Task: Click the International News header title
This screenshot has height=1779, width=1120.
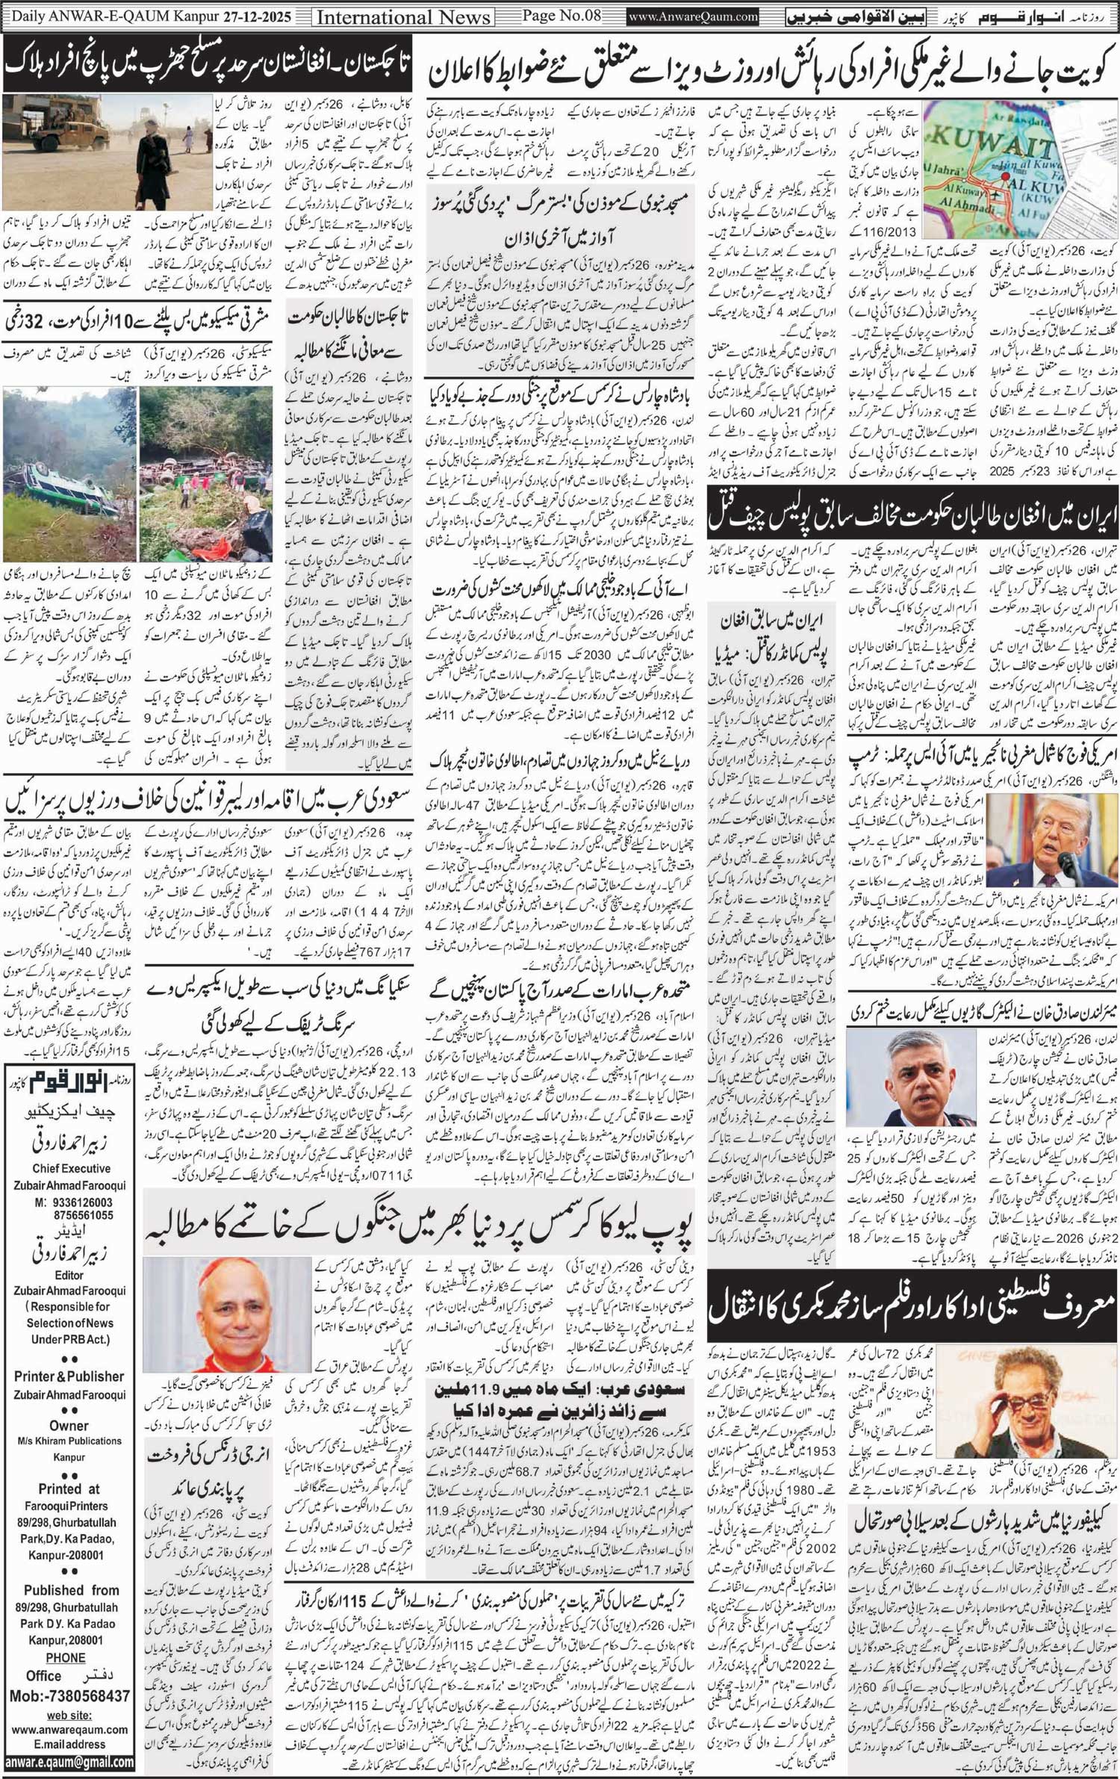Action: (x=403, y=17)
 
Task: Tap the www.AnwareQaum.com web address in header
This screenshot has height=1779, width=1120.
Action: (x=693, y=16)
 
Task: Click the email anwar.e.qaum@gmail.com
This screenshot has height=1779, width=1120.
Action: (x=69, y=1762)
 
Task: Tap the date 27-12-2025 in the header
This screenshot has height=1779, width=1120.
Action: (x=258, y=16)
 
